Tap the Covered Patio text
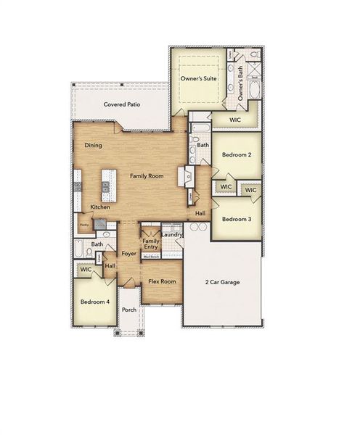pyautogui.click(x=121, y=104)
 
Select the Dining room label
pyautogui.click(x=93, y=146)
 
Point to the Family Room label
pyautogui.click(x=147, y=176)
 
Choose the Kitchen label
pyautogui.click(x=100, y=207)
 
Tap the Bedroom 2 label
pyautogui.click(x=237, y=155)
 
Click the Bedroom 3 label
pyautogui.click(x=237, y=219)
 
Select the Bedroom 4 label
pyautogui.click(x=94, y=301)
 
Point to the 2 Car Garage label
pyautogui.click(x=222, y=282)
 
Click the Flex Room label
pyautogui.click(x=162, y=281)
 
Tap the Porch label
pyautogui.click(x=129, y=310)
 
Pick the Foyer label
pyautogui.click(x=129, y=254)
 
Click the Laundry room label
pyautogui.click(x=172, y=234)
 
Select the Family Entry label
pyautogui.click(x=151, y=244)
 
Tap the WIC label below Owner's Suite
pyautogui.click(x=235, y=120)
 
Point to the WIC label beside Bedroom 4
pyautogui.click(x=86, y=269)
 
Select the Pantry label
pyautogui.click(x=84, y=225)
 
